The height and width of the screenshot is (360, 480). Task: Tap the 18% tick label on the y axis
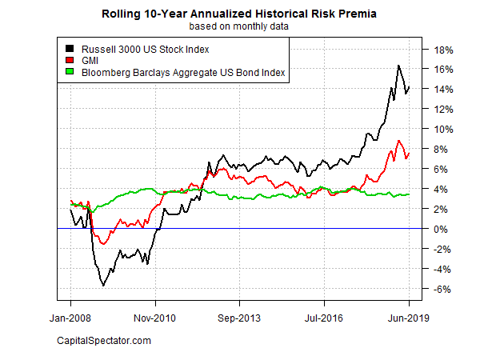coord(445,49)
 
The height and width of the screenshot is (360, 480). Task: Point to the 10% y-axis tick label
coord(445,129)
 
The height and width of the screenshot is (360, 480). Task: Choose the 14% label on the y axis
coord(445,89)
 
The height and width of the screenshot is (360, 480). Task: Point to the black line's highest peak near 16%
coord(398,66)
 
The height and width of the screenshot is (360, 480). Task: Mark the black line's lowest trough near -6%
coord(103,284)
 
